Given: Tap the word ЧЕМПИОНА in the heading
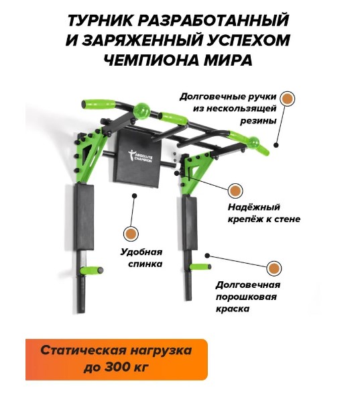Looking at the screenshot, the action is (147, 60).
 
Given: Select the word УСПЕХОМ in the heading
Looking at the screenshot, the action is (249, 40).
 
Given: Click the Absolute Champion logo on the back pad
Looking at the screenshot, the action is (140, 156).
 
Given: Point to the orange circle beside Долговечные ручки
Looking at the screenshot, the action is (287, 99).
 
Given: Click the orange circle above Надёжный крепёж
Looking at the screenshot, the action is (235, 191).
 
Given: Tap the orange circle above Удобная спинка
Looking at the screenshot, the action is (131, 234).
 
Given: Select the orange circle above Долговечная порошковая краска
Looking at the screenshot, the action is (274, 268).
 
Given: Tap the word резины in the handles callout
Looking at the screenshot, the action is (258, 121).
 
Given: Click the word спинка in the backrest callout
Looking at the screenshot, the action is (145, 264).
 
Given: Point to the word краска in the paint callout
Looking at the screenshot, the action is (232, 309).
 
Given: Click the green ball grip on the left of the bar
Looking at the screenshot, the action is (142, 111).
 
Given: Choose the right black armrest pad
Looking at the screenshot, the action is (189, 223).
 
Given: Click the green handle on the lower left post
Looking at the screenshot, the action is (91, 270).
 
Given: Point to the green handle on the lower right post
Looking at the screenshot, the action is (200, 266).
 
